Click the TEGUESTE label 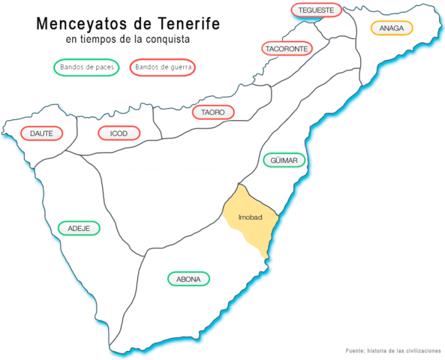pos(315,10)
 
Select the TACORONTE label pos(286,49)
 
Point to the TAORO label pos(213,112)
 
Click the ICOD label pos(119,133)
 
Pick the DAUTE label pos(42,133)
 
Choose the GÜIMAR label pos(284,160)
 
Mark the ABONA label pos(188,279)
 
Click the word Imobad pos(249,217)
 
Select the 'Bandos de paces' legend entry pos(86,67)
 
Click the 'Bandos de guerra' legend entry pos(164,67)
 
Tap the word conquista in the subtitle pos(169,40)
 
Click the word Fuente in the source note pos(356,351)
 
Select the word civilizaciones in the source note pos(421,351)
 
